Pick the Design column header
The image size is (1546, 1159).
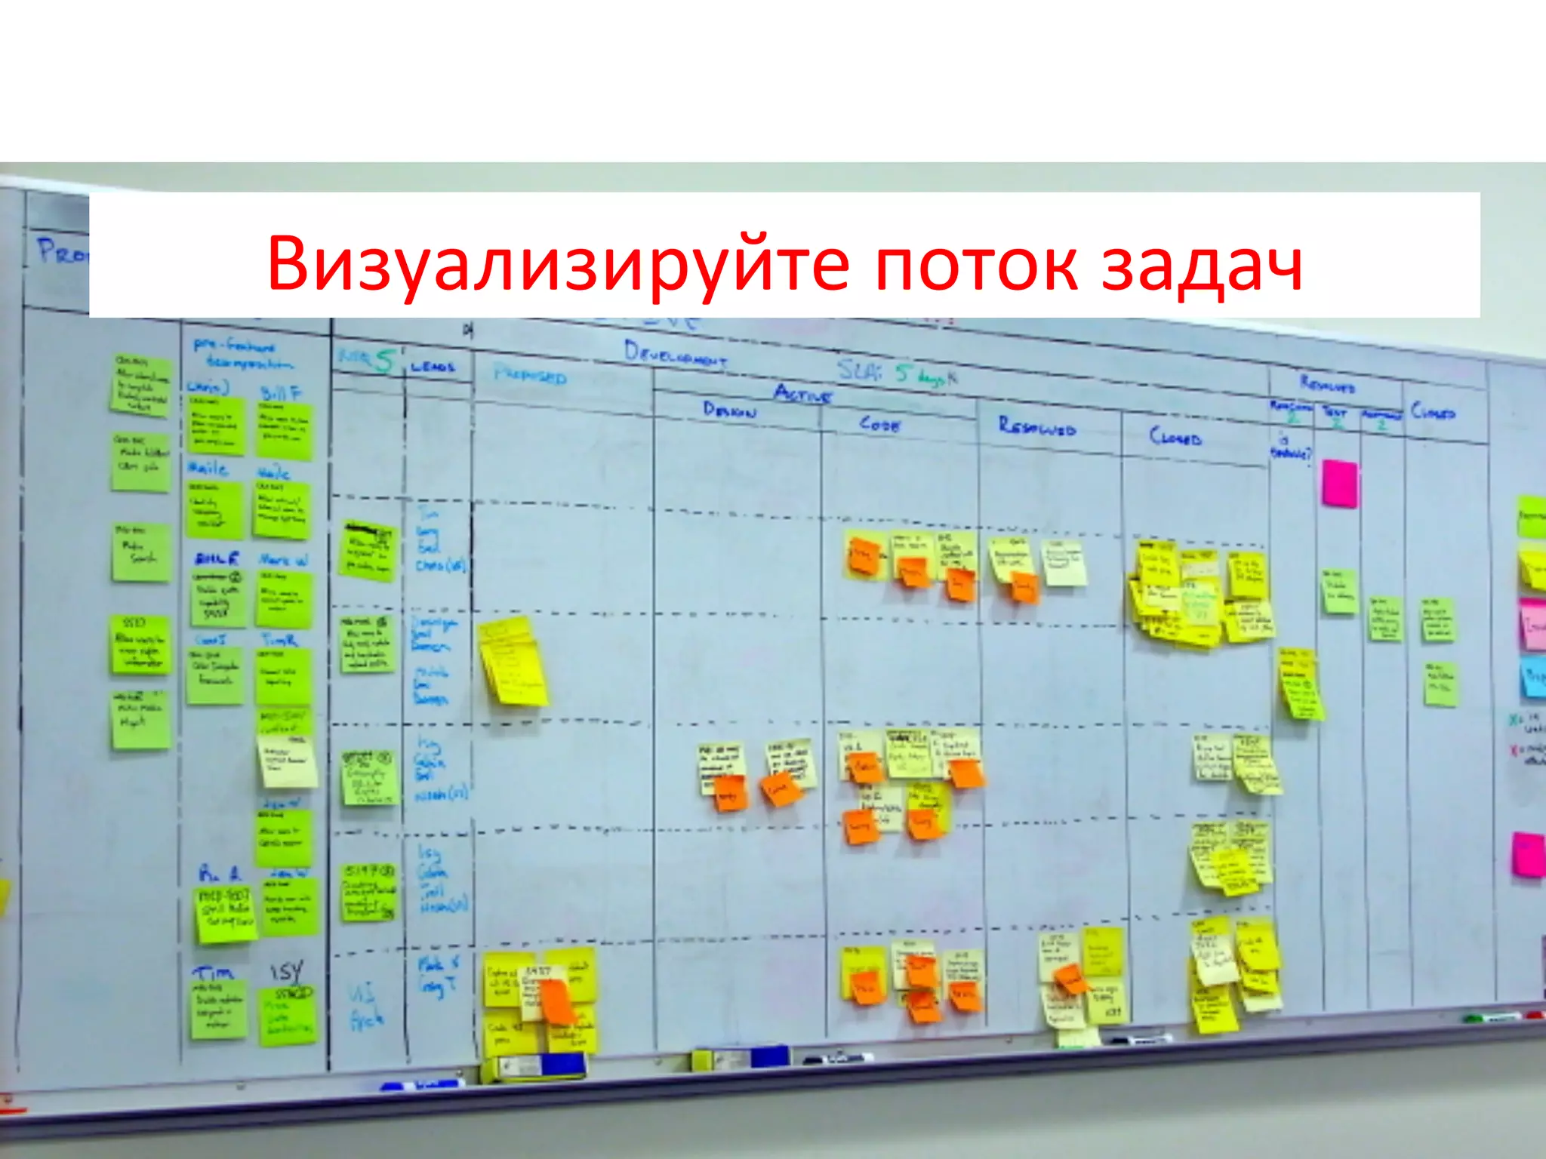pyautogui.click(x=728, y=410)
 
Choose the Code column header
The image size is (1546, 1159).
pyautogui.click(x=879, y=424)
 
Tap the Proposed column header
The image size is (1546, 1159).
pyautogui.click(x=530, y=375)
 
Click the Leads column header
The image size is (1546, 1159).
pyautogui.click(x=433, y=367)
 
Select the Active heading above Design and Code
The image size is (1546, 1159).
pyautogui.click(x=802, y=393)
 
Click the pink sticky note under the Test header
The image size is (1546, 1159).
pyautogui.click(x=1340, y=483)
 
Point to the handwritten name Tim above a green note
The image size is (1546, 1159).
pyautogui.click(x=213, y=973)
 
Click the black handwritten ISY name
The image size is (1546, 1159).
pyautogui.click(x=287, y=970)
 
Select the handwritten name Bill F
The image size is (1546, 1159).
pyautogui.click(x=281, y=393)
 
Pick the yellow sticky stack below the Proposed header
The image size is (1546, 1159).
pyautogui.click(x=513, y=661)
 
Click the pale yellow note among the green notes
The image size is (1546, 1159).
pyautogui.click(x=287, y=761)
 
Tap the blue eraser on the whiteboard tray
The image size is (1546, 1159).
pyautogui.click(x=562, y=1064)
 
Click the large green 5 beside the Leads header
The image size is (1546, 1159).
pyautogui.click(x=384, y=362)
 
